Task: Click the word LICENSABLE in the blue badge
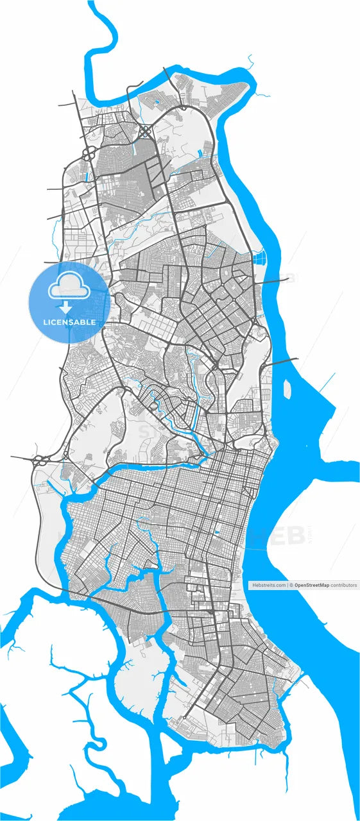click(x=70, y=321)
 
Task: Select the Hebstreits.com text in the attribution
click(x=269, y=585)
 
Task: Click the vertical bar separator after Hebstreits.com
click(x=287, y=585)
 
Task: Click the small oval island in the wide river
click(x=287, y=389)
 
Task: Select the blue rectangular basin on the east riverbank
click(x=260, y=259)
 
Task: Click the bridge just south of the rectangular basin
click(x=275, y=281)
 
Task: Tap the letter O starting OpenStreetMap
click(x=296, y=585)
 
